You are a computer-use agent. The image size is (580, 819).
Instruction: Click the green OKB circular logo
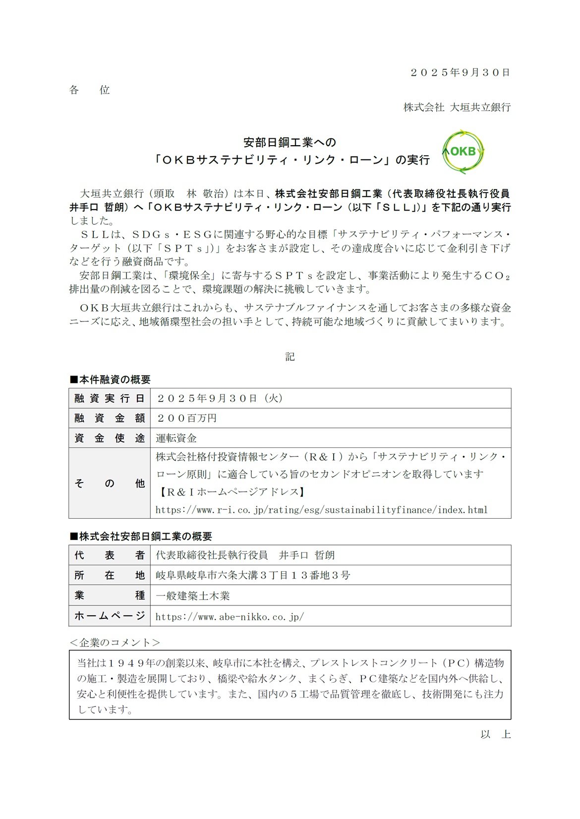coord(463,152)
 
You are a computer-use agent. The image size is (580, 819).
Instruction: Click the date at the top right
coord(460,72)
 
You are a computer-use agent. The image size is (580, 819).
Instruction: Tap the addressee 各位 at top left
coord(89,90)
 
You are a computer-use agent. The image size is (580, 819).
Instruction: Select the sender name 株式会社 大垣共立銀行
coord(457,107)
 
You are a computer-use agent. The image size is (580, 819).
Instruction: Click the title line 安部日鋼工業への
coord(290,143)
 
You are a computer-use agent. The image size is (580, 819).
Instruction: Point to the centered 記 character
coord(290,357)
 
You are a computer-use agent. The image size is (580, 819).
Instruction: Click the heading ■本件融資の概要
coord(110,380)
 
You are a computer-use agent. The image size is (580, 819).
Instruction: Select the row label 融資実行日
coord(110,398)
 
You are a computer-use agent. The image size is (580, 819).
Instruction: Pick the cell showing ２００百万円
coord(186,418)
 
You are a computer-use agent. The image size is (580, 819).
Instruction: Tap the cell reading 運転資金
coord(176,438)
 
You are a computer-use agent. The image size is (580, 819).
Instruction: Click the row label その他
coord(110,483)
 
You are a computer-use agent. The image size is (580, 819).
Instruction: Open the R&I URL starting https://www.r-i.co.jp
coord(321,509)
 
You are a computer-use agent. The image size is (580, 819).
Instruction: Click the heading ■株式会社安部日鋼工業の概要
coord(141,536)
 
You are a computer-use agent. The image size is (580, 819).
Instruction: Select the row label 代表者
coord(110,555)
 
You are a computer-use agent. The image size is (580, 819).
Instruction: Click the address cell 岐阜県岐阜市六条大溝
coord(253,575)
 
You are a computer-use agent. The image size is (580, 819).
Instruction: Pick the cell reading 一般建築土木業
coord(193,596)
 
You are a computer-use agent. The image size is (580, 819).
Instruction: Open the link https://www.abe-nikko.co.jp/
coord(230,616)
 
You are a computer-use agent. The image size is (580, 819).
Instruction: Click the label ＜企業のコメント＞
coord(115,642)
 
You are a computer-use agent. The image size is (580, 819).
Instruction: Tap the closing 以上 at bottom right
coord(495,734)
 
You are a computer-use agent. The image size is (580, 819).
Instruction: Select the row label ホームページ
coord(110,616)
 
